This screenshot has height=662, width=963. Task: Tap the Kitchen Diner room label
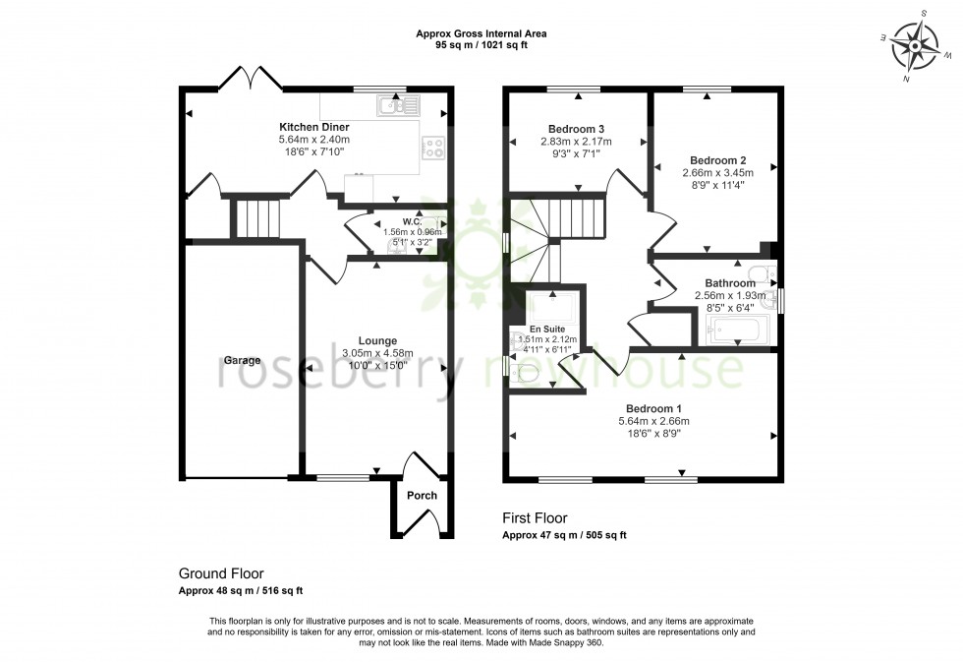coord(314,128)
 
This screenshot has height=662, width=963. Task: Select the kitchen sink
coord(397,104)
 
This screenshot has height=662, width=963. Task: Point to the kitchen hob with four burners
coord(432,149)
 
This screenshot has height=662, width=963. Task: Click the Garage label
coord(241,360)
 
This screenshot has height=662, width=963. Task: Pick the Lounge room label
coord(376,340)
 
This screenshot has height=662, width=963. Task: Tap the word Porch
coord(422,495)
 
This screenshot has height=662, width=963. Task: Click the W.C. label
coord(412,221)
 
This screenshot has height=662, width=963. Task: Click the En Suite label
coord(547,329)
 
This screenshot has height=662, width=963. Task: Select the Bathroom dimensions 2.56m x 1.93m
coord(729,296)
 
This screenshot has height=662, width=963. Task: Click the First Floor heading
coord(535,518)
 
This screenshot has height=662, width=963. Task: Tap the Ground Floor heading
coord(220,573)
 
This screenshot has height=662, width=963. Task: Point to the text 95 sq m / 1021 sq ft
coord(481,45)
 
